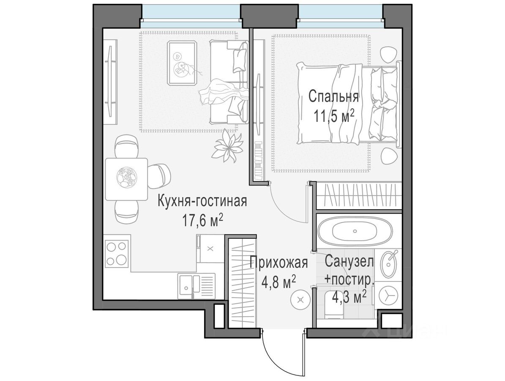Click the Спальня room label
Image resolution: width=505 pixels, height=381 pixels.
333,97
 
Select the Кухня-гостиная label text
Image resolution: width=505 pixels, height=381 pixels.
202,202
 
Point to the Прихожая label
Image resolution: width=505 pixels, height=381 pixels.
279,262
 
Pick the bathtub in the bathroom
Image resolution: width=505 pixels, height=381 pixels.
355,231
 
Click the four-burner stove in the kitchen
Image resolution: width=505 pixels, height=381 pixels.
116,253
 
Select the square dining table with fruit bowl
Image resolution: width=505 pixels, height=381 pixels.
126,179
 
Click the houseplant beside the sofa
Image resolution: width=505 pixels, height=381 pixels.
228,147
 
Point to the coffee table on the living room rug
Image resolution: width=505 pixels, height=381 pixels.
182,63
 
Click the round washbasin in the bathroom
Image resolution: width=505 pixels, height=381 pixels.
389,264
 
